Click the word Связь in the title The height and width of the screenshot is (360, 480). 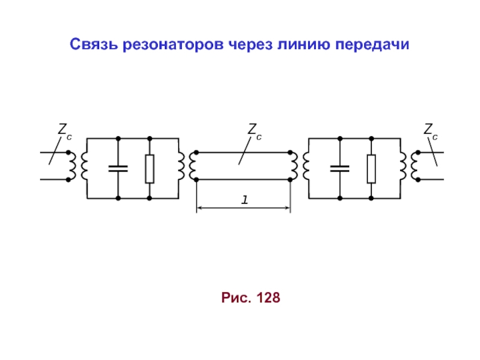point(94,44)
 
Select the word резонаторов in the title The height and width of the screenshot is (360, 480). point(173,46)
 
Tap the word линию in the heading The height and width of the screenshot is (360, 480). point(304,44)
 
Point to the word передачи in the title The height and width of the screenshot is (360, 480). point(372,46)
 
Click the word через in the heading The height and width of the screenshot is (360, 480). point(250,46)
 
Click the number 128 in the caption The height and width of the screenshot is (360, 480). point(268,298)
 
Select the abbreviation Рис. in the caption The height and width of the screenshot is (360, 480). point(236,298)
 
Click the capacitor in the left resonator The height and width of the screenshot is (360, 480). point(118,169)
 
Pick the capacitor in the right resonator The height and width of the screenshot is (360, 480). point(340,169)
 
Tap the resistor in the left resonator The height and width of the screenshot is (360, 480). point(149,169)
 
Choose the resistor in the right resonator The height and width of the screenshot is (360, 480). point(371,169)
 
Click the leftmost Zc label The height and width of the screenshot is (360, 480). point(65,131)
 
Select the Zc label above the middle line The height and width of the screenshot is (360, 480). point(254,131)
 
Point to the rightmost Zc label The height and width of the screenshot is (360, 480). point(431,131)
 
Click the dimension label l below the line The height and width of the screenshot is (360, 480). point(245,200)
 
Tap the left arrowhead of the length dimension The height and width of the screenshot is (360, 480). point(199,208)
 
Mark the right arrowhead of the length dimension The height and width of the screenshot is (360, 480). point(288,208)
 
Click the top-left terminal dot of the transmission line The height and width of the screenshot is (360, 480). point(197,152)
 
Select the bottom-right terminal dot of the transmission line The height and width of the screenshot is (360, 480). point(290,179)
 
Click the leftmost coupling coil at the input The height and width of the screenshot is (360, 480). point(72,166)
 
